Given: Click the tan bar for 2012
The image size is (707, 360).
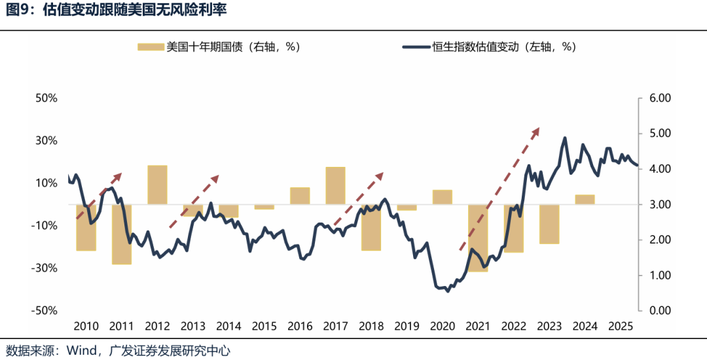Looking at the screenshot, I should (x=157, y=185).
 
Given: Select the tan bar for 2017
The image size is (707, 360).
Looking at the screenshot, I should (x=335, y=185).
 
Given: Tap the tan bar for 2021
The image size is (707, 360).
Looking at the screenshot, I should (x=478, y=238).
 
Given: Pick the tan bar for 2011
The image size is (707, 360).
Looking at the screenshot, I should (x=122, y=234).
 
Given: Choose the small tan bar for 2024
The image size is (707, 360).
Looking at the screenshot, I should (x=585, y=200).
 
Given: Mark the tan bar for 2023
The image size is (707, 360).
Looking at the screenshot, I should (x=549, y=224).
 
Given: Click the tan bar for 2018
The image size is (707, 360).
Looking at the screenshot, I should (x=371, y=227).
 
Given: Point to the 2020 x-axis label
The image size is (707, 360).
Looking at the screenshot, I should (x=443, y=326).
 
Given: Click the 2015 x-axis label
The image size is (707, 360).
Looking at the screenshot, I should (x=264, y=326).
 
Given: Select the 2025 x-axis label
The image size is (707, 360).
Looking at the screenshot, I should (x=621, y=326).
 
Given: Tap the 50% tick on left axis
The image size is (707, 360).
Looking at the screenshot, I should (x=47, y=98).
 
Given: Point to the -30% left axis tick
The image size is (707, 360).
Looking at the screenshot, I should (x=46, y=268).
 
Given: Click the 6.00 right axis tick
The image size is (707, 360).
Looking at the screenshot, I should (x=660, y=98).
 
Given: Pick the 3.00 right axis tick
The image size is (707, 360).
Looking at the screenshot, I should (x=660, y=205).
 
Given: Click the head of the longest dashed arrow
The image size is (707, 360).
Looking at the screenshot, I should (x=536, y=130).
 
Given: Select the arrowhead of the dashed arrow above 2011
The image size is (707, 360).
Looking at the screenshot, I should (x=119, y=175).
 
